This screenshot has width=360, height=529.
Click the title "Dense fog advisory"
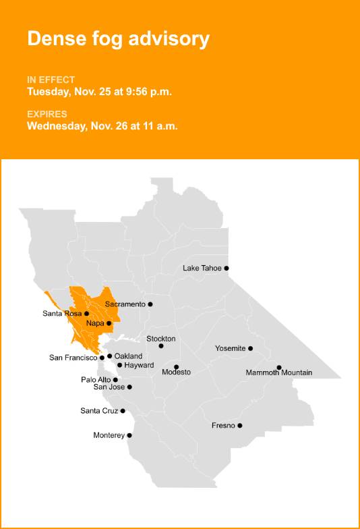tap(118, 39)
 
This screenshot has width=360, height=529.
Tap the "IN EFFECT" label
tap(51, 80)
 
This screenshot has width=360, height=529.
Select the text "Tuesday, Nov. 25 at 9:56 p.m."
tap(99, 92)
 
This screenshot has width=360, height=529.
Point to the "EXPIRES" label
tap(47, 114)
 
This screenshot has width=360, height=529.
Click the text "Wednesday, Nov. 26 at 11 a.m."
tap(102, 126)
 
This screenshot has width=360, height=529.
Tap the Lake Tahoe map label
tap(202, 269)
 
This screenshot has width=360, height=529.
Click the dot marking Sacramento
tap(150, 304)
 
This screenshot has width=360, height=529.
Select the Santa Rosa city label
tap(62, 314)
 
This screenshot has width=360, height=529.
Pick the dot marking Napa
tap(109, 323)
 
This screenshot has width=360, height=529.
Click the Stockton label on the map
tap(160, 339)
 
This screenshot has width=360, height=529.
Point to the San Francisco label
tap(73, 358)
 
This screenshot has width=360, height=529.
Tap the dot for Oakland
tap(109, 356)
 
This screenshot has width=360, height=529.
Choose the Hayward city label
tap(139, 365)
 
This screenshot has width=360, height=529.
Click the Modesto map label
tap(176, 372)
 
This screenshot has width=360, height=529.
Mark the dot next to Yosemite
tap(251, 349)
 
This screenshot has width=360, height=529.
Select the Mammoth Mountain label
tap(278, 373)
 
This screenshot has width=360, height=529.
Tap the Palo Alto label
tap(96, 380)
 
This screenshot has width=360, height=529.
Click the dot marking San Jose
tap(129, 387)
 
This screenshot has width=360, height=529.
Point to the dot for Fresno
tap(240, 426)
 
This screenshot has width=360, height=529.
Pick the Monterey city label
tap(109, 436)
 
